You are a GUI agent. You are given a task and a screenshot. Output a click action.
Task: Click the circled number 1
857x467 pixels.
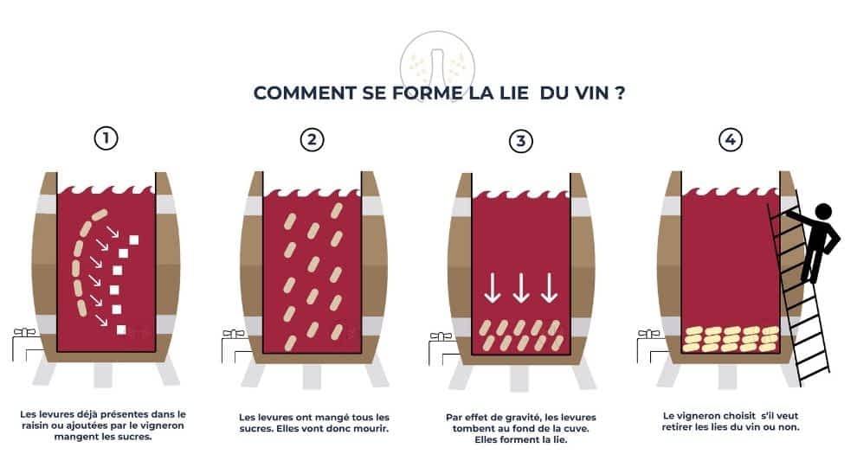coord(106,138)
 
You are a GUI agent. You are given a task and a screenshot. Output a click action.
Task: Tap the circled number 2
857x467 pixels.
coord(312,139)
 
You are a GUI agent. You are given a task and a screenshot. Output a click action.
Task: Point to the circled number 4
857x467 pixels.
coord(731,138)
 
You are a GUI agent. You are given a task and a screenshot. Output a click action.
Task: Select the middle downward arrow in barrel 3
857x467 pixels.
coord(520,288)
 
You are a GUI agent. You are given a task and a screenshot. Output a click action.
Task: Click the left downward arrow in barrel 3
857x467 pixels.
coord(492,288)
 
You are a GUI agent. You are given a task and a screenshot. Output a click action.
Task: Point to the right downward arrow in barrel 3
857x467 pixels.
coord(549,288)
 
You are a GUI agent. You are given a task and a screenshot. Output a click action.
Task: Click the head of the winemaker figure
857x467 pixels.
coord(823,211)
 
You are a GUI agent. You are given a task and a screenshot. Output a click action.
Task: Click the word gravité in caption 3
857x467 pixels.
coord(509,418)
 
